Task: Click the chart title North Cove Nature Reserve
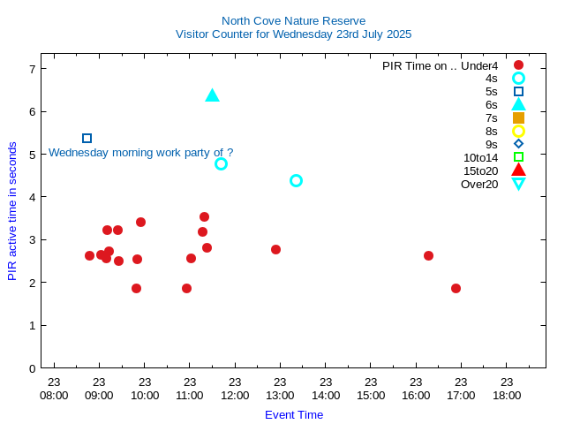pyautogui.click(x=293, y=20)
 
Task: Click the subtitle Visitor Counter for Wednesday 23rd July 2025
pyautogui.click(x=293, y=34)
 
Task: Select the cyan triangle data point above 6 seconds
pyautogui.click(x=212, y=95)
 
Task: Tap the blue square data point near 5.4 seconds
pyautogui.click(x=87, y=138)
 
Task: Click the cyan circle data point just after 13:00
pyautogui.click(x=296, y=180)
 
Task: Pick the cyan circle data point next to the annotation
pyautogui.click(x=221, y=163)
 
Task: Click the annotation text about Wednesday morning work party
pyautogui.click(x=140, y=152)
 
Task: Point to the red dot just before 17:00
pyautogui.click(x=456, y=288)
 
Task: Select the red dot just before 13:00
pyautogui.click(x=275, y=249)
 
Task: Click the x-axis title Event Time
pyautogui.click(x=294, y=414)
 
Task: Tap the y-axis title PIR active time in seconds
pyautogui.click(x=12, y=211)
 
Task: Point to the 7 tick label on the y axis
pyautogui.click(x=32, y=69)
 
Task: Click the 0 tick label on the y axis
pyautogui.click(x=32, y=368)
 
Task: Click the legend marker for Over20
pyautogui.click(x=518, y=184)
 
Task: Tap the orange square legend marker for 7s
pyautogui.click(x=518, y=117)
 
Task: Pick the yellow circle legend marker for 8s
pyautogui.click(x=518, y=131)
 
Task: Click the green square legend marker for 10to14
pyautogui.click(x=518, y=157)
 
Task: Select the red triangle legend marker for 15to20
pyautogui.click(x=518, y=170)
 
